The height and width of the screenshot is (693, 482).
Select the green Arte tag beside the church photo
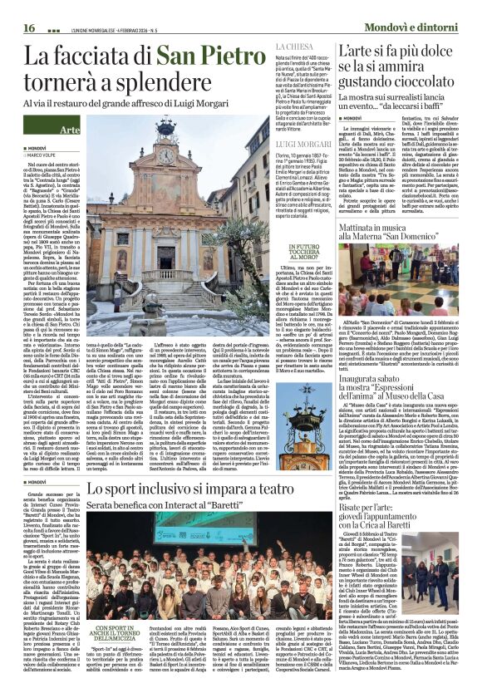pyautogui.click(x=70, y=131)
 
